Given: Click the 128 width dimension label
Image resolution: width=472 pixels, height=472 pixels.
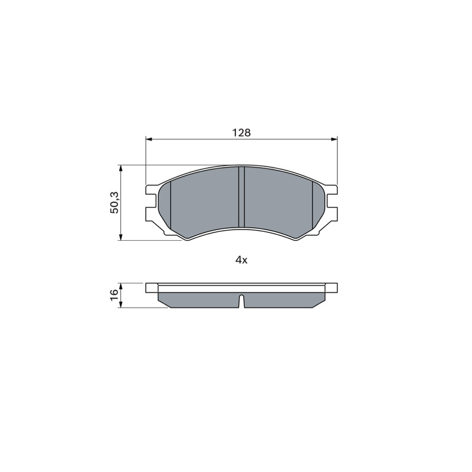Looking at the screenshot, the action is tap(242, 132).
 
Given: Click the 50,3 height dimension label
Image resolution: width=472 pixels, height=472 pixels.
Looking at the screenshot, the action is tap(114, 202).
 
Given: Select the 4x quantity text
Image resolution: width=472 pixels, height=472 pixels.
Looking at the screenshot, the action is tap(241, 260).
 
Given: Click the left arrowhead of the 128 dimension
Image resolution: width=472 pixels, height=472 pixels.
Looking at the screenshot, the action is tap(149, 139).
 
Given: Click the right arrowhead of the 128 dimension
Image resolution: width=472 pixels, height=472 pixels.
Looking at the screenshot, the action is tap(334, 139).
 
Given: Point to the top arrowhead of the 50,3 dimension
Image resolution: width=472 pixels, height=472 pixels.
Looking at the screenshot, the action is tap(120, 168).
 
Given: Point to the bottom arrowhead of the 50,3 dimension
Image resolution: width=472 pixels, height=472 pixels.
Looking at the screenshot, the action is tap(120, 237).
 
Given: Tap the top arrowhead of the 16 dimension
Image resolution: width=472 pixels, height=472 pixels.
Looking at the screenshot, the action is tap(120, 286).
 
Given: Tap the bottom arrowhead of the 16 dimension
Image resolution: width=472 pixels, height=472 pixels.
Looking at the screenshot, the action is tap(120, 304).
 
